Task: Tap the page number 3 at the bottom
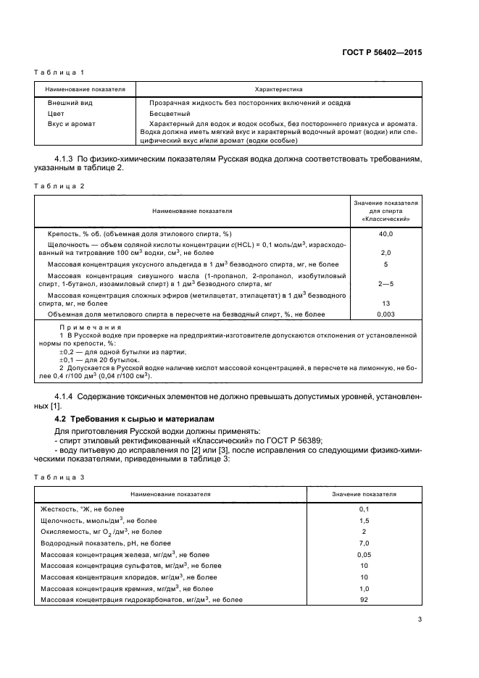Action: [420, 619]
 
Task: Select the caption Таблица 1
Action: [60, 72]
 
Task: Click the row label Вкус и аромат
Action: [70, 124]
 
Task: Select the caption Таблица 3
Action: [60, 477]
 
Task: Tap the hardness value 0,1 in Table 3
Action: [364, 509]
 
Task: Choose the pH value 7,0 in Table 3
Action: [364, 543]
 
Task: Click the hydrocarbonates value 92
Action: [364, 600]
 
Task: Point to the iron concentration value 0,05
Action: [364, 554]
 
